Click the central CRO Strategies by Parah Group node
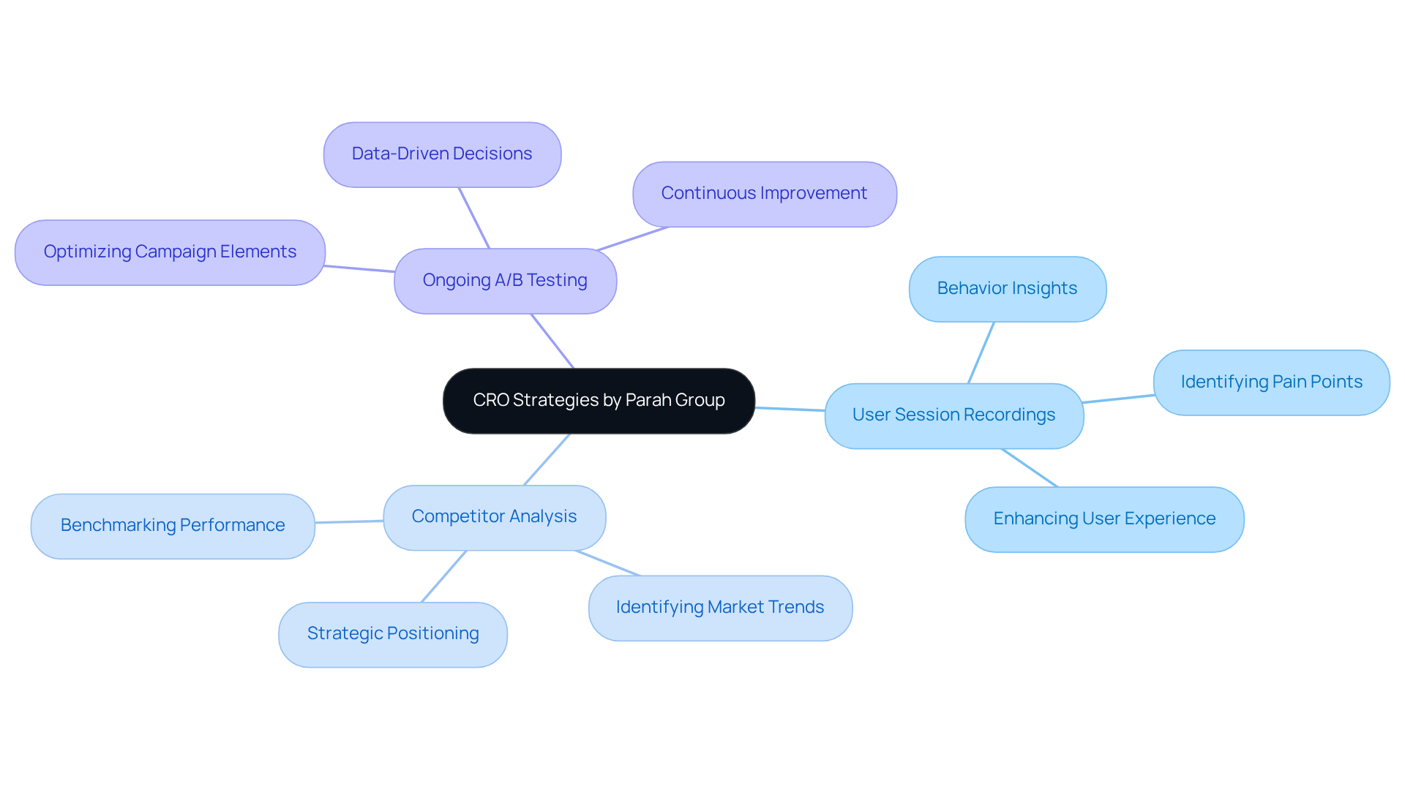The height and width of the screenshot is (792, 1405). (x=599, y=401)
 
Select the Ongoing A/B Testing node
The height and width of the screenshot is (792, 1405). (x=505, y=281)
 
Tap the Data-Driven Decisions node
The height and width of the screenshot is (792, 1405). (x=442, y=154)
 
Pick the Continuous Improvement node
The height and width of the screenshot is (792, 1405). (x=764, y=194)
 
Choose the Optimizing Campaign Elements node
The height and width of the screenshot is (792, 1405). (x=170, y=252)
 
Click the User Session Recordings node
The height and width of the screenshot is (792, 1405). (x=953, y=415)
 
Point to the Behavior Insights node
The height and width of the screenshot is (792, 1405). (x=1007, y=289)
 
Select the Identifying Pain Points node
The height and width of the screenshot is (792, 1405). (x=1271, y=382)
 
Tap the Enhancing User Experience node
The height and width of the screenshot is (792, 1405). (x=1104, y=519)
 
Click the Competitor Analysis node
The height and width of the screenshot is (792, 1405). (x=494, y=517)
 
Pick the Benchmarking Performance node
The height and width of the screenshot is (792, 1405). (x=173, y=526)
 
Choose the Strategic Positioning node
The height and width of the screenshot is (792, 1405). (x=393, y=634)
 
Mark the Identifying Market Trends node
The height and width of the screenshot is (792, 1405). (x=720, y=608)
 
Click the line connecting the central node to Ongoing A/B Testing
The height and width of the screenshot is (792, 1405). (x=552, y=342)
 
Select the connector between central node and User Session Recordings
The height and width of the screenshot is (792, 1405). (x=790, y=409)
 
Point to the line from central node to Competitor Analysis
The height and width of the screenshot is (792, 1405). (x=547, y=459)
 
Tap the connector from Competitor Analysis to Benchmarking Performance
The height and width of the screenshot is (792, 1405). (x=349, y=521)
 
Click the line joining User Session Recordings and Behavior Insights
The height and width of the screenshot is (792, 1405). (x=981, y=352)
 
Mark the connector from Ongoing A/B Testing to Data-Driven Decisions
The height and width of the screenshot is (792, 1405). (x=474, y=218)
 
